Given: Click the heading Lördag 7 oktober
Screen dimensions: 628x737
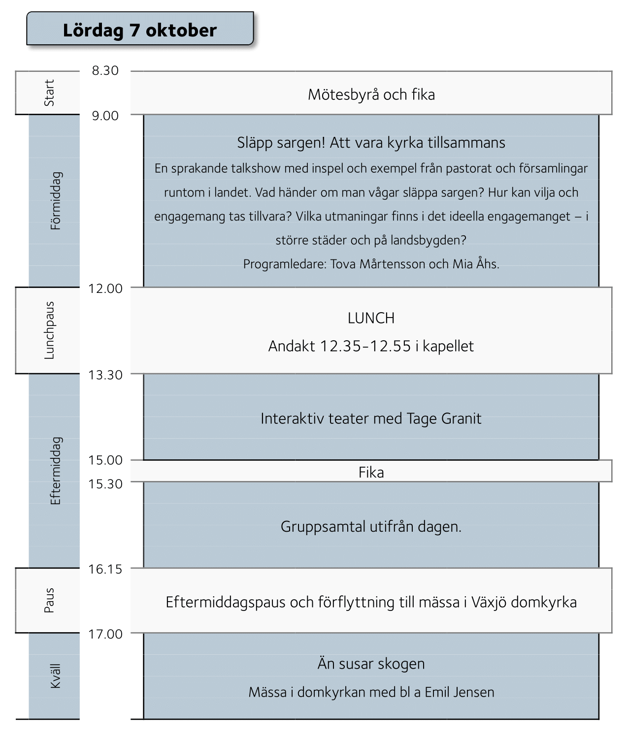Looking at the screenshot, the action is pos(140,31).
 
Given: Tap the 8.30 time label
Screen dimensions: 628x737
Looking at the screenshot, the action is pos(105,70).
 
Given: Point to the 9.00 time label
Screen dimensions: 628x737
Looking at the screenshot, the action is pos(105,116).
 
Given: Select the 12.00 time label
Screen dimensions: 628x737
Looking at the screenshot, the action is pos(105,288).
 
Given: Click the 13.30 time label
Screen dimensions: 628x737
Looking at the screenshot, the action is pos(105,375).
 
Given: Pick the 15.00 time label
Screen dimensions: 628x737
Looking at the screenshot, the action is pos(105,460).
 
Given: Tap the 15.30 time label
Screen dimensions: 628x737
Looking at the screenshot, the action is pos(105,484).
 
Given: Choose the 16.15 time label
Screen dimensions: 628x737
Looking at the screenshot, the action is pos(105,569).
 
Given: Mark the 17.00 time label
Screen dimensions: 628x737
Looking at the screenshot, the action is pos(105,634).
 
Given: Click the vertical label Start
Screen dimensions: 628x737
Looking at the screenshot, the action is pos(49,93).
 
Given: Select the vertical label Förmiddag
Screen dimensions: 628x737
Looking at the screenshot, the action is pos(56,201).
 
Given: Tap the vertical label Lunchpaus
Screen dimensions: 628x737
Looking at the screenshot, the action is pos(49,330).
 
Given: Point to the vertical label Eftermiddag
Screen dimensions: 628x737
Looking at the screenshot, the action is pos(56,471).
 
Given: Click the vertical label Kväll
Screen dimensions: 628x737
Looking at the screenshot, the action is pos(56,676).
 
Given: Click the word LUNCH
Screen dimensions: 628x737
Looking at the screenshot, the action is pos(371,319).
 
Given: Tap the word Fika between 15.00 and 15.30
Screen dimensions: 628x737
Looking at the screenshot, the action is pos(371,473).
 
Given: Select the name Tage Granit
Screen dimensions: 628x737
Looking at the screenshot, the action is pos(444,418).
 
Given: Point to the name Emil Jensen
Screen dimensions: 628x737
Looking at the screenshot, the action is pos(460,692).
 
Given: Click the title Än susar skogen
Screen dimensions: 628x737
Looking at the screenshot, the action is pos(371,664).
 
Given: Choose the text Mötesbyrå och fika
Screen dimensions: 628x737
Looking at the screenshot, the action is pos(371,95).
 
